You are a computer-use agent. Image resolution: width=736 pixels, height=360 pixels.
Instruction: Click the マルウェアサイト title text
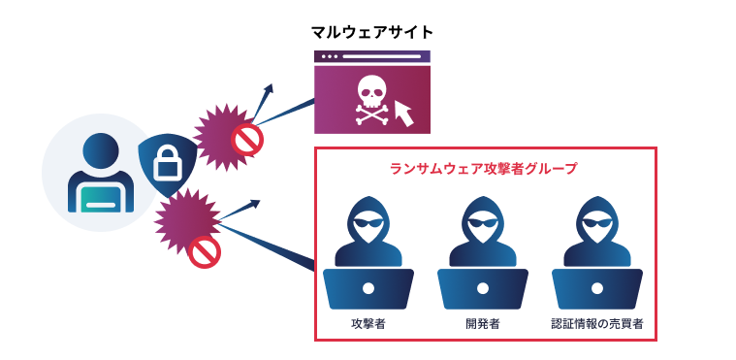(372, 33)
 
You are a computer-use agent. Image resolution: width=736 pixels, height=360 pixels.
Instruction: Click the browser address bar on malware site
(381, 56)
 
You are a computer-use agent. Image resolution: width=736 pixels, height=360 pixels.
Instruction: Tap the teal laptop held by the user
(101, 199)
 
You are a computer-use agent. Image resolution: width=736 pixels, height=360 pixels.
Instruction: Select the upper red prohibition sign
(247, 139)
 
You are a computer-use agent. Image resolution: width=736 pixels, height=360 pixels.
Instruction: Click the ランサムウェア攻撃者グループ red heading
(484, 169)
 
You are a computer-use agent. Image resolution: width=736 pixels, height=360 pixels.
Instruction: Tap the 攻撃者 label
(368, 324)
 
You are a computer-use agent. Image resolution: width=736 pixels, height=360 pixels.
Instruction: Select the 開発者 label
(483, 324)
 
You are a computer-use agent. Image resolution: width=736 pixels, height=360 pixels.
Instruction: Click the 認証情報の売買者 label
(597, 324)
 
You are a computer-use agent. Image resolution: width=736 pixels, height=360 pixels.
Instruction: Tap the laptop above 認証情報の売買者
(597, 288)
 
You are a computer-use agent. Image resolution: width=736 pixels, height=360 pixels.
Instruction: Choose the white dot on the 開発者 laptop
(483, 288)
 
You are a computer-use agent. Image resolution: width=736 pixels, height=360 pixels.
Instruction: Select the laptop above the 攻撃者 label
(368, 288)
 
